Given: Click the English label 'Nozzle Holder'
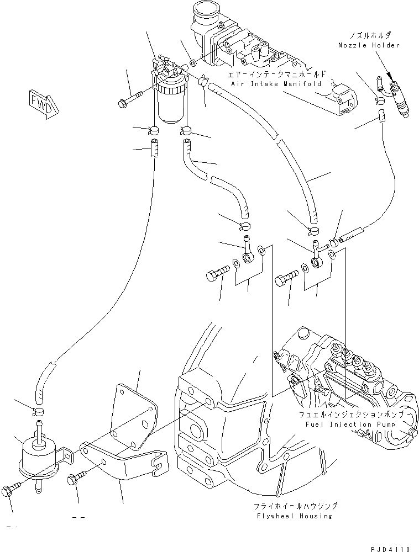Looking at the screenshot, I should [x=369, y=45].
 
